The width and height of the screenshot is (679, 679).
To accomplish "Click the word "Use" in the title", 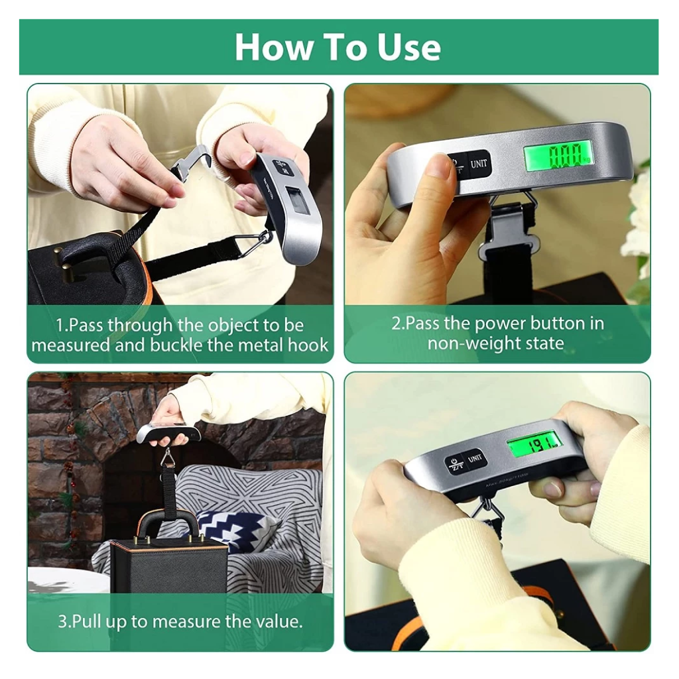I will [x=409, y=47].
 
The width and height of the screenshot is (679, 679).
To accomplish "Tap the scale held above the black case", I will [x=168, y=434].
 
